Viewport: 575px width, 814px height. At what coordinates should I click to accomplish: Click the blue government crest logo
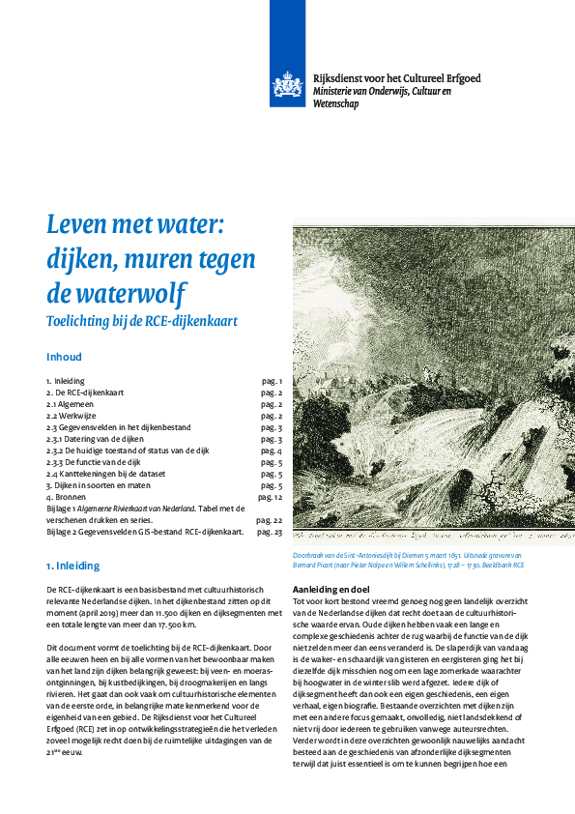[286, 88]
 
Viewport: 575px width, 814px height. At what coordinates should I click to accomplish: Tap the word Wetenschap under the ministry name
[335, 103]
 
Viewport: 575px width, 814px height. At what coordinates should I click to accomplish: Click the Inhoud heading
[64, 357]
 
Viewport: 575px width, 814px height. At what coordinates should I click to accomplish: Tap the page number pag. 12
[270, 497]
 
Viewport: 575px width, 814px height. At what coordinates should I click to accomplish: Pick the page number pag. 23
[270, 532]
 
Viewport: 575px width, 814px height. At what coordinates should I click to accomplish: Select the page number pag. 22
[270, 520]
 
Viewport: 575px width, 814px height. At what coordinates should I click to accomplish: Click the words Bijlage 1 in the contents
[64, 509]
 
